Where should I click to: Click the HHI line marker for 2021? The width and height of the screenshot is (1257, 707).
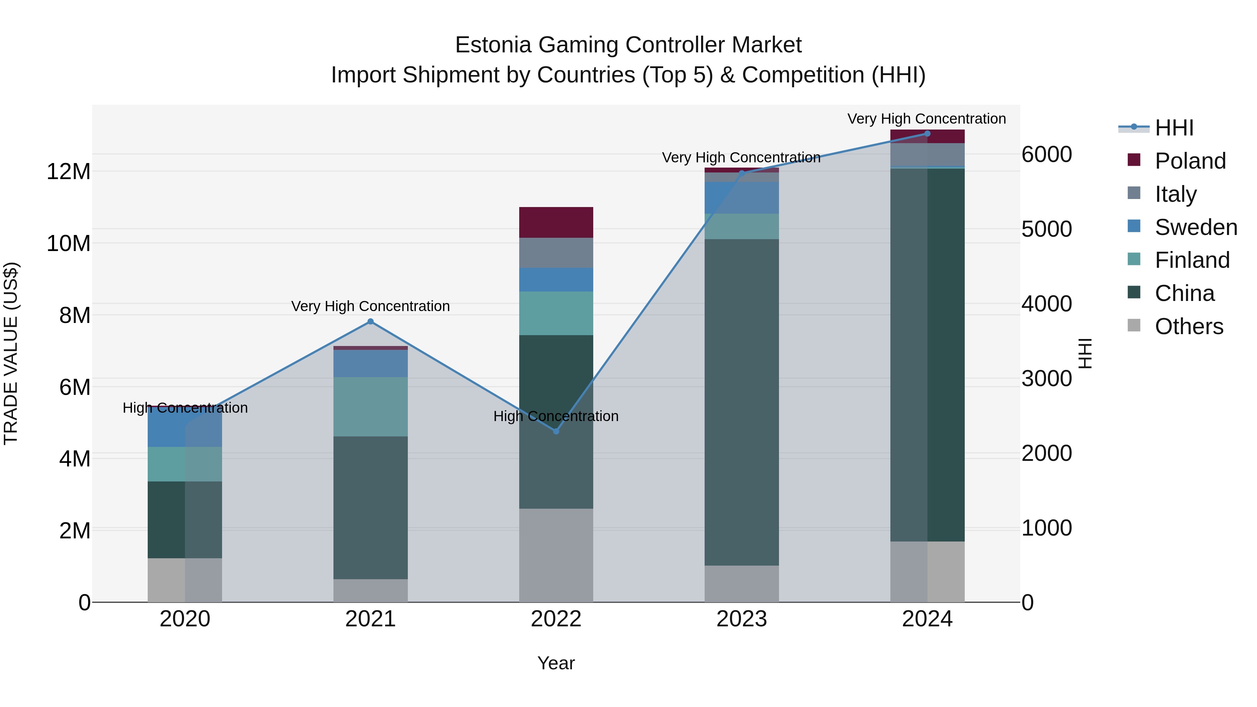(x=370, y=322)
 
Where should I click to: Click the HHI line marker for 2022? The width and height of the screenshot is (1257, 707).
(x=556, y=431)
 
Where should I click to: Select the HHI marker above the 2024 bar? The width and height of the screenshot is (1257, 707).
(x=927, y=134)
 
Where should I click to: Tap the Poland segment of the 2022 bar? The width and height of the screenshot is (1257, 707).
(x=556, y=222)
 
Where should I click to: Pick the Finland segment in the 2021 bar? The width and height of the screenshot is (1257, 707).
(x=370, y=406)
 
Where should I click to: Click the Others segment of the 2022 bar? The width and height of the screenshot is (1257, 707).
(x=556, y=555)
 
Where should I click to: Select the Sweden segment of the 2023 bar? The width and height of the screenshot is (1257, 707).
(x=741, y=198)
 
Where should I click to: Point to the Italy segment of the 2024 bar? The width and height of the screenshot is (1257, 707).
(x=927, y=155)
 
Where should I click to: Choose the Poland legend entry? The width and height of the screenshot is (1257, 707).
(x=1190, y=161)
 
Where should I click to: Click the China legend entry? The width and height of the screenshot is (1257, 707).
(x=1184, y=293)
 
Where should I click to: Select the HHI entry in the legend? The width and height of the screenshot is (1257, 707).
(x=1174, y=128)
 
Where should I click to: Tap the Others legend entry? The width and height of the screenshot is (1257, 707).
(x=1189, y=326)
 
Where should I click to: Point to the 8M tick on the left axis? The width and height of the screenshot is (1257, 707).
(x=75, y=316)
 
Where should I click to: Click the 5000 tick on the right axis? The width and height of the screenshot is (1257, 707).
(x=1047, y=229)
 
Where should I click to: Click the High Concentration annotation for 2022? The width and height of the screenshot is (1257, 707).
(x=556, y=416)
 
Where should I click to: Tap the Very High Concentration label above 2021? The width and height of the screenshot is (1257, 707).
(x=370, y=307)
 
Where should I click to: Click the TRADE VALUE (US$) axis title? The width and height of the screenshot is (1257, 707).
(x=11, y=353)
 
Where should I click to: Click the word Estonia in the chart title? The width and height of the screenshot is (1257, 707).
(x=493, y=45)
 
